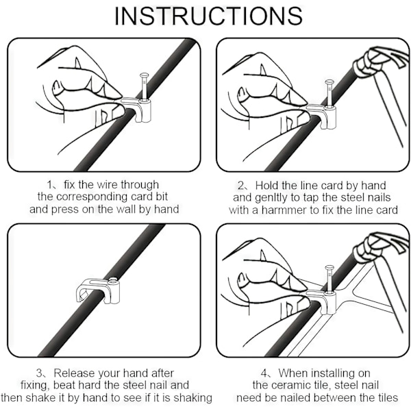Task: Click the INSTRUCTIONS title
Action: (209, 16)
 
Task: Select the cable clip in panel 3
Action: (98, 290)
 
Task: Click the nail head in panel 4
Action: (329, 269)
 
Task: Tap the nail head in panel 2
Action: (329, 83)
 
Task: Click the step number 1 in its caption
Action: (49, 185)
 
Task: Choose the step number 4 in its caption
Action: (264, 373)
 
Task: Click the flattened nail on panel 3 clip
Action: (113, 281)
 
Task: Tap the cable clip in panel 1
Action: (136, 110)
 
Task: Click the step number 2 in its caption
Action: (240, 186)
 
